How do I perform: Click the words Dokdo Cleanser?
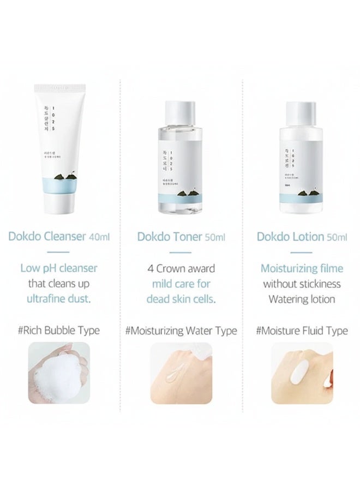tap(47, 237)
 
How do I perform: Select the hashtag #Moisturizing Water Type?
tap(181, 331)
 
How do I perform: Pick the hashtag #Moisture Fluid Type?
tap(302, 331)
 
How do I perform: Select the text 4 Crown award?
tap(181, 268)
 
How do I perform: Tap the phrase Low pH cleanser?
tap(59, 268)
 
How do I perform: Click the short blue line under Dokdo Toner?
tap(181, 252)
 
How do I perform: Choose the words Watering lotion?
tap(302, 299)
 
